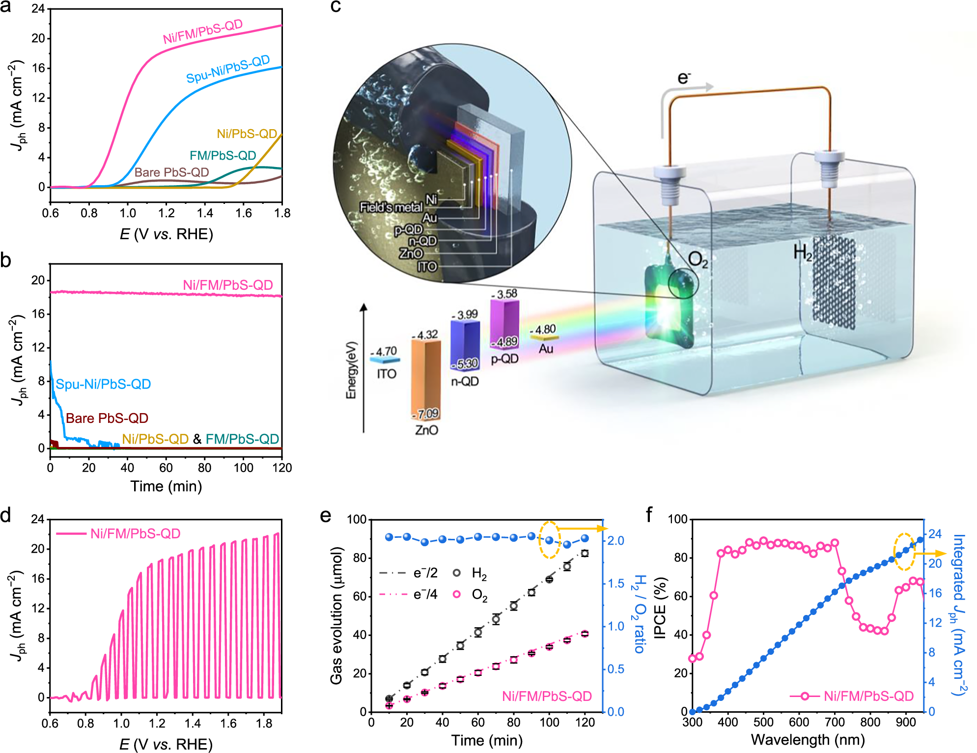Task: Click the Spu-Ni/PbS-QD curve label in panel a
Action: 228,69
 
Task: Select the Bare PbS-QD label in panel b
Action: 107,418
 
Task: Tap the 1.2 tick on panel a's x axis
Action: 166,213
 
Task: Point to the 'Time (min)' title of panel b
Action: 166,486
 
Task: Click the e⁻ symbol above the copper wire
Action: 683,78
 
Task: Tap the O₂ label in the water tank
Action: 698,259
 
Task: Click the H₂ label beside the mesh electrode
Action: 803,252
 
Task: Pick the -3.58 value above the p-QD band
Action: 504,294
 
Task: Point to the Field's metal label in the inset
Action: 391,207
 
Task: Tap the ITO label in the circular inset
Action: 427,267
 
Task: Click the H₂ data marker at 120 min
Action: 585,553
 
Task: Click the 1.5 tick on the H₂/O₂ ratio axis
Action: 615,584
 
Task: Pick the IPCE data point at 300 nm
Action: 693,659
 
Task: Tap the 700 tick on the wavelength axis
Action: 835,722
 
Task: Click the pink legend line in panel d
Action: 71,533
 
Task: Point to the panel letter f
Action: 649,515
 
